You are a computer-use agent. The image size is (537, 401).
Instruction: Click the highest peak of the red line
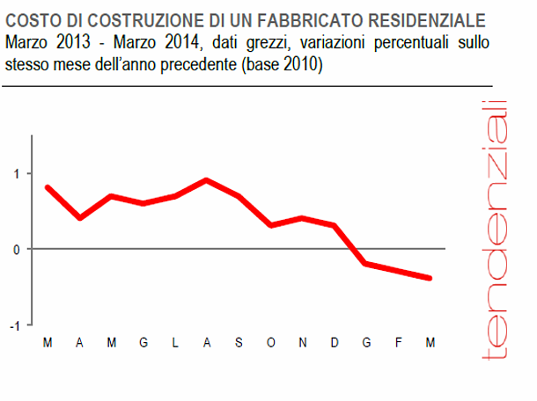[206, 180]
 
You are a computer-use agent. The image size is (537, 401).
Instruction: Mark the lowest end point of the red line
[430, 278]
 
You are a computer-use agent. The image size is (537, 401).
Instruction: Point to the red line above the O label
[270, 225]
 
